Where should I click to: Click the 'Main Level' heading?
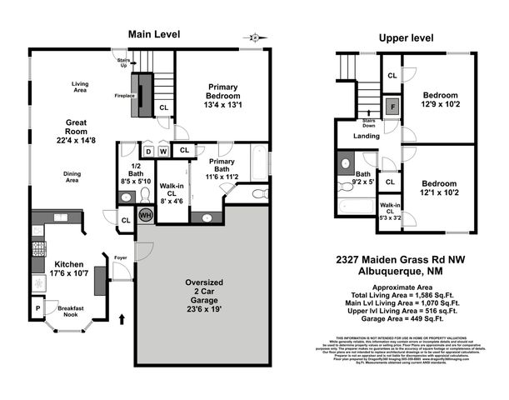[x=153, y=34]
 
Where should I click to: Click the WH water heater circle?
[x=145, y=215]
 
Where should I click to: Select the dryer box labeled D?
[x=147, y=151]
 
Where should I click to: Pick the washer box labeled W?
[x=162, y=151]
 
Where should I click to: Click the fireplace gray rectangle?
[x=145, y=95]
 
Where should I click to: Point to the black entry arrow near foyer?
[x=124, y=317]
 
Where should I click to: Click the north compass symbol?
[x=253, y=37]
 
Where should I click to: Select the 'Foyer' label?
[x=121, y=257]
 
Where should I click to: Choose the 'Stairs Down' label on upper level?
[x=369, y=123]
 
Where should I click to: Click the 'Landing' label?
[x=367, y=137]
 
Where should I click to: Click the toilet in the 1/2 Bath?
[x=125, y=197]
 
